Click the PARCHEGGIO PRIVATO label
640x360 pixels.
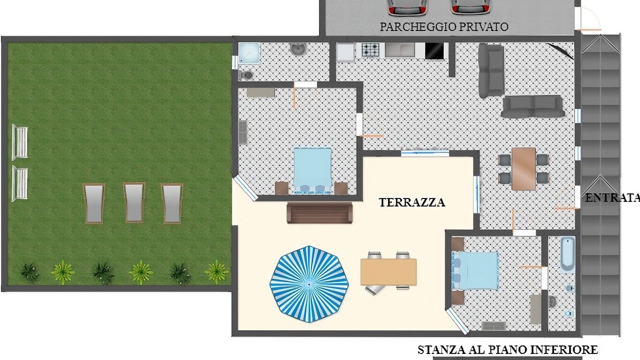[444, 27]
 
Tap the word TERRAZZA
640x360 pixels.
[411, 202]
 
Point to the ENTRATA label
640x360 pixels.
[612, 198]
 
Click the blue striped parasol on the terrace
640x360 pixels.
[309, 284]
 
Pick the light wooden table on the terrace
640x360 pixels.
[388, 271]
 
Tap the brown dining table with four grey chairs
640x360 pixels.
[523, 169]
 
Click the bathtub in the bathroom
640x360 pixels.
[567, 255]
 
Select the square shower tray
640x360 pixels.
[249, 53]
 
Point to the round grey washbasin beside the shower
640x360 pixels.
[297, 48]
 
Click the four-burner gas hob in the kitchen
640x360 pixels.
[370, 50]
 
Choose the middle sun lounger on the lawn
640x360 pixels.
[134, 202]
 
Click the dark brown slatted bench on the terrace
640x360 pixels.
[319, 212]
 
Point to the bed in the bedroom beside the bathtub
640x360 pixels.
[475, 270]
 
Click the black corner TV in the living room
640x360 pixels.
[560, 51]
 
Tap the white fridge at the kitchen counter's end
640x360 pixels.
[345, 52]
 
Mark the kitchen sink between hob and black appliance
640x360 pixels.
[399, 50]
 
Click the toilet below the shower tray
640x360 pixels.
[246, 75]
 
